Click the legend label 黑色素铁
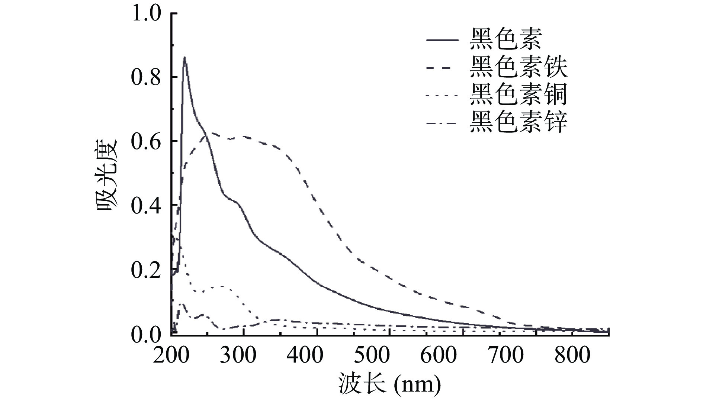click(x=518, y=67)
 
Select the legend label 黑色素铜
click(x=518, y=95)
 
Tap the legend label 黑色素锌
click(x=518, y=122)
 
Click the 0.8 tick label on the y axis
click(x=146, y=77)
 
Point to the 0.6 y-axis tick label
click(x=146, y=142)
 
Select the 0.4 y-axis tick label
click(x=146, y=206)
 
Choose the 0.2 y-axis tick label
click(x=146, y=270)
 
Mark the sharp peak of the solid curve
click(x=184, y=58)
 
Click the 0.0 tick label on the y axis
click(x=146, y=335)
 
